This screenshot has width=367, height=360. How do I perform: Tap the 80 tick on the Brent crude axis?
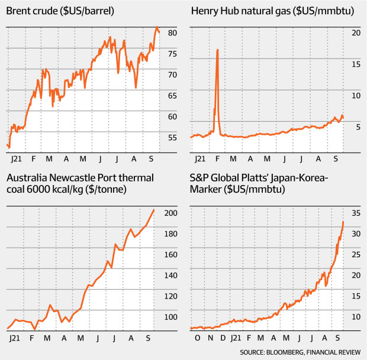point(172,33)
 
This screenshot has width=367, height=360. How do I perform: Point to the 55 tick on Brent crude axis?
point(172,137)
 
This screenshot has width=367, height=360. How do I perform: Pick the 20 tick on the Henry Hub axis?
point(355,33)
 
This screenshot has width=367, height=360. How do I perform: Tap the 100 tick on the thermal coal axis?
point(170,317)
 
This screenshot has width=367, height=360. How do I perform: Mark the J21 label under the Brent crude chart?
point(17,159)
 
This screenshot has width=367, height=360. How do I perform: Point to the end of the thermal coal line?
point(154,209)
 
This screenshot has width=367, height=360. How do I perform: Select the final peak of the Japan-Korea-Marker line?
point(344,222)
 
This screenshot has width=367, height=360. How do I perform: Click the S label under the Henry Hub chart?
point(336,159)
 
